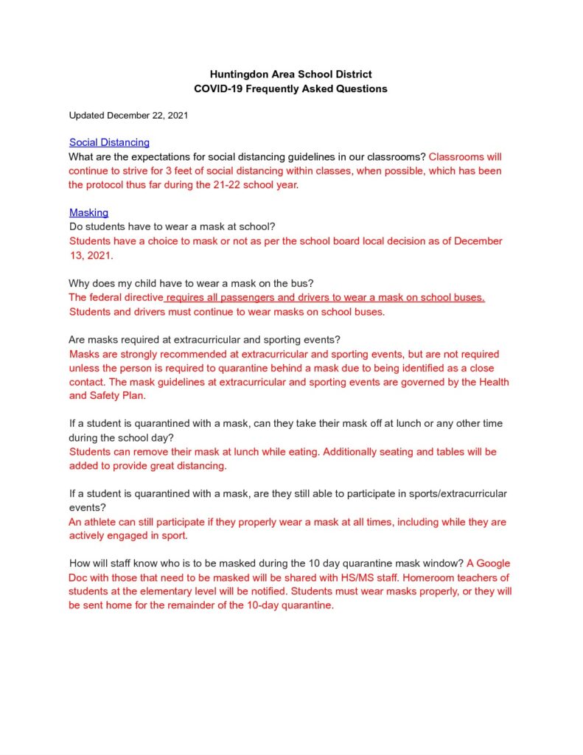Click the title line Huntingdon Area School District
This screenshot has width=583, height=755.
290,74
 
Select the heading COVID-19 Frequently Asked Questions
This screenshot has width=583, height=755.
290,88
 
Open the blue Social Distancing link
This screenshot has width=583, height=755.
109,142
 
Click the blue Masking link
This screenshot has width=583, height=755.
88,213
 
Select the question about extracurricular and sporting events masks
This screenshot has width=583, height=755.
204,340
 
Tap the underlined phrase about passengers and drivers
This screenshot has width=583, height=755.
325,297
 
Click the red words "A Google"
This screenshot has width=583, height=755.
489,564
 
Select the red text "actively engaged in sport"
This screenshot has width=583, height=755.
129,536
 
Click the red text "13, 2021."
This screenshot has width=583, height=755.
91,255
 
